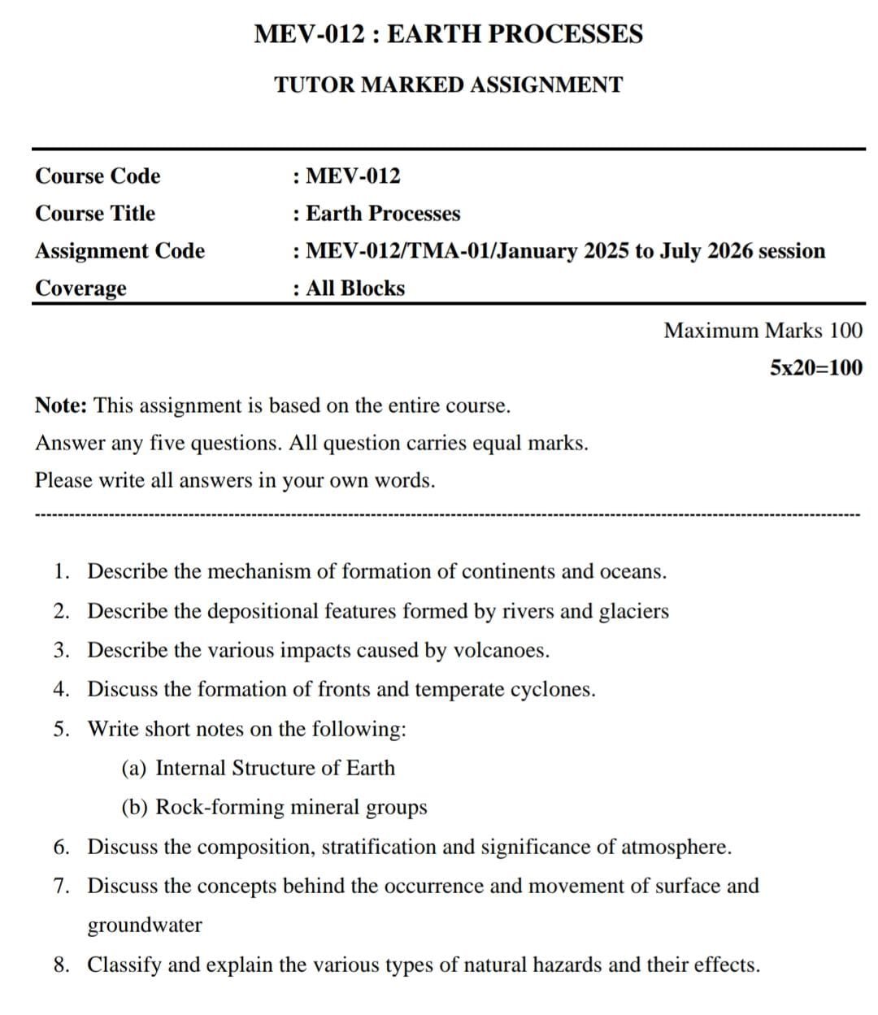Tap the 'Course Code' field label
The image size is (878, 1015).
click(x=98, y=176)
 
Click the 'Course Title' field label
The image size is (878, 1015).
click(x=95, y=214)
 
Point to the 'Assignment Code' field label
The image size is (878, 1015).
click(x=120, y=251)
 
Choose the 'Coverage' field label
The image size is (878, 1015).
click(x=80, y=288)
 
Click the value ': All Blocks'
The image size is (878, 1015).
click(x=349, y=288)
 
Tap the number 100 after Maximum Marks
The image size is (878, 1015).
click(x=845, y=331)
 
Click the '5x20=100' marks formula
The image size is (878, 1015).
click(x=816, y=368)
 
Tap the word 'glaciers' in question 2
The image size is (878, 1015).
click(x=633, y=611)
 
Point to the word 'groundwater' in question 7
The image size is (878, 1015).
click(x=145, y=926)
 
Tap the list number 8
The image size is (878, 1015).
click(x=61, y=965)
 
